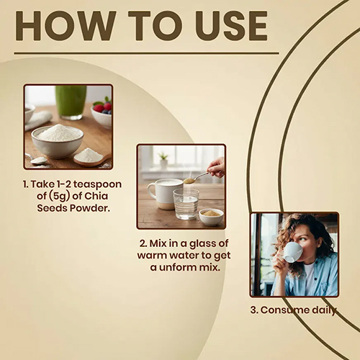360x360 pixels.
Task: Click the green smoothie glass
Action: [x=71, y=102]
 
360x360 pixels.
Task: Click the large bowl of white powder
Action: [x=58, y=141]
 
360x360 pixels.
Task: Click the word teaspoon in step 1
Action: [x=97, y=185]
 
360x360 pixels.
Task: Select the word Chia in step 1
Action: [x=96, y=196]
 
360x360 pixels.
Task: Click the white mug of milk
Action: [x=165, y=194]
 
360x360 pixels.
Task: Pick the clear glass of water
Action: [x=186, y=204]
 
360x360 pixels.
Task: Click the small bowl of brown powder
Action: [x=211, y=217]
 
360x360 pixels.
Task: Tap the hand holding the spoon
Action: [x=216, y=167]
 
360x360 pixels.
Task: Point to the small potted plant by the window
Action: [x=163, y=161]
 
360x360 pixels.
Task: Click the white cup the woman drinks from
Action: [x=292, y=252]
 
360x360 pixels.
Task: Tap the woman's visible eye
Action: [x=302, y=239]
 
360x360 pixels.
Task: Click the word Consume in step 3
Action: [x=285, y=310]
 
